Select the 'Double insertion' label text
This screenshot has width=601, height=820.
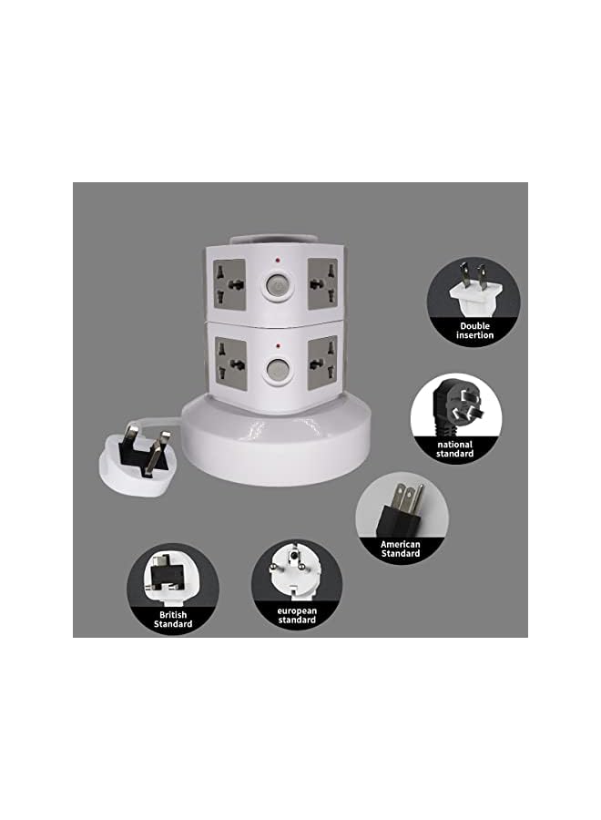pos(474,330)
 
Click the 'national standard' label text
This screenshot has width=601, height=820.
pos(455,448)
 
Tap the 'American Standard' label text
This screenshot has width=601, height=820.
pos(401,548)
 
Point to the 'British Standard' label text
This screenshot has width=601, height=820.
pos(172,620)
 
